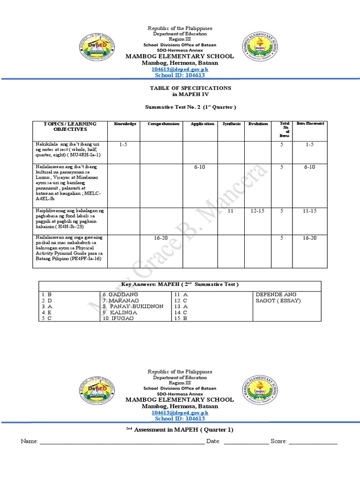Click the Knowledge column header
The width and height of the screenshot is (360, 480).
[125, 124]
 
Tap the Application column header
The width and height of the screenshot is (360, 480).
[202, 124]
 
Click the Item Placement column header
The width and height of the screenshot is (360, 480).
[310, 123]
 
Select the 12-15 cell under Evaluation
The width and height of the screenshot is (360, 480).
[257, 211]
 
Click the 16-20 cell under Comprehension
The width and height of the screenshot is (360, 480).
[161, 238]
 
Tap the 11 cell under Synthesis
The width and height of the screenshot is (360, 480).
[230, 211]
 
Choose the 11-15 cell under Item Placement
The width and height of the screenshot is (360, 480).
[309, 211]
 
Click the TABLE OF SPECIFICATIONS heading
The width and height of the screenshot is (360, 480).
[190, 88]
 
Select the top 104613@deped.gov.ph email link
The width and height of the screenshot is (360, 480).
[180, 69]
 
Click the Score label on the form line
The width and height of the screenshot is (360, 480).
[278, 442]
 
